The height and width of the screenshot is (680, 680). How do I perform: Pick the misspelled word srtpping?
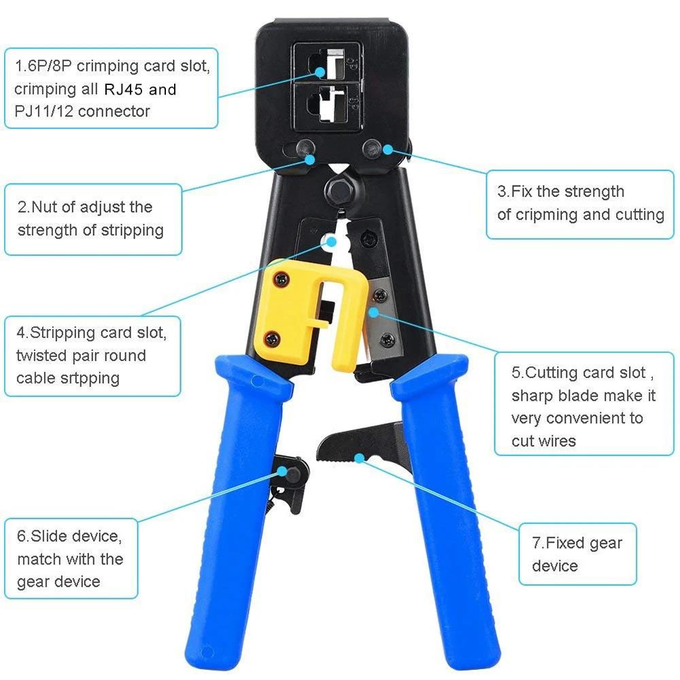88,378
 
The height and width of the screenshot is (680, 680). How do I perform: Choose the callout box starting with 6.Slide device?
71,559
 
